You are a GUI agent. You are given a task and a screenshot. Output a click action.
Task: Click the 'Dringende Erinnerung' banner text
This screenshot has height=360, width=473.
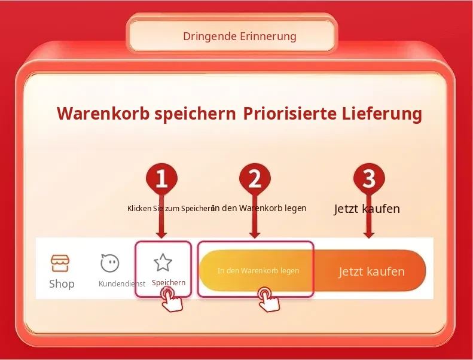click(240, 36)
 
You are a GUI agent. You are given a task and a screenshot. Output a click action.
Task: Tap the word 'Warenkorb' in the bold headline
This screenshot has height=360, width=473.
click(103, 114)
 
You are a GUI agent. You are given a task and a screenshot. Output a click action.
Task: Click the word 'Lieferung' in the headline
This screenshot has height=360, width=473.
click(382, 114)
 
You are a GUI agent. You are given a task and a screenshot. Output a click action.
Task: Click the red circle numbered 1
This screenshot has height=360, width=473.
click(161, 178)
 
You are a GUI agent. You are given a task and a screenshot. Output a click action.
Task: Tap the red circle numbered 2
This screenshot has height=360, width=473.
click(255, 178)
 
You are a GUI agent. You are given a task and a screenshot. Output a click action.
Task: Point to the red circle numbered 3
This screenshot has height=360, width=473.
click(369, 178)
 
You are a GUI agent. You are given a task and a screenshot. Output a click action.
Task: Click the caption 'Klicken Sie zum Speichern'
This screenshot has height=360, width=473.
click(171, 209)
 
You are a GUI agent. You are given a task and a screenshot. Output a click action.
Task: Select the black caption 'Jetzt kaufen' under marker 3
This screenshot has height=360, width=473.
click(367, 209)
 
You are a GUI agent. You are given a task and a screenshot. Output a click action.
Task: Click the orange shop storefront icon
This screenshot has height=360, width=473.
click(60, 263)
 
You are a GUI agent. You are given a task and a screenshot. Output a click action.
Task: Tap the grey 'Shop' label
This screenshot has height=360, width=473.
click(62, 284)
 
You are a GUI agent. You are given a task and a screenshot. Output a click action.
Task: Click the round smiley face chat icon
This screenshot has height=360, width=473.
click(110, 263)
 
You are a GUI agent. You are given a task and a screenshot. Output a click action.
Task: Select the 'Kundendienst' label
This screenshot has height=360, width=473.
click(122, 283)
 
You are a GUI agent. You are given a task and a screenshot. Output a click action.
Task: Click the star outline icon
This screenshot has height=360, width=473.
click(163, 262)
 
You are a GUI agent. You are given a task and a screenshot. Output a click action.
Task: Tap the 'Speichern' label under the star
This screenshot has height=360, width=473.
click(169, 283)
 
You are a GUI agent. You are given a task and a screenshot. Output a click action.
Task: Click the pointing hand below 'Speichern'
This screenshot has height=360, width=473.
click(172, 300)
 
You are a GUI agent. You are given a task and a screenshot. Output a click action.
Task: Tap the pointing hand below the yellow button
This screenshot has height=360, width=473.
click(269, 300)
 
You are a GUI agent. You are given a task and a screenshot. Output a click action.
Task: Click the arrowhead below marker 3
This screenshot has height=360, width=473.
click(369, 234)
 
